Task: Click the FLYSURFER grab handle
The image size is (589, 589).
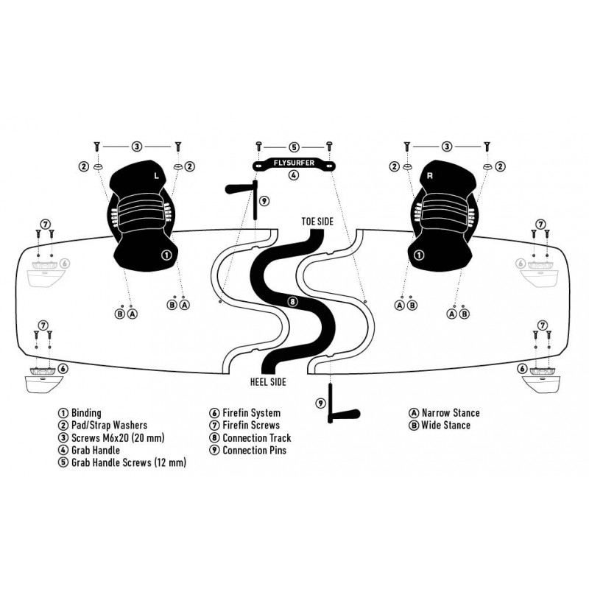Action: (294, 164)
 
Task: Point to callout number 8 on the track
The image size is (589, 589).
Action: (292, 301)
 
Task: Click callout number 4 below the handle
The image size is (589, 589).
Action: (293, 176)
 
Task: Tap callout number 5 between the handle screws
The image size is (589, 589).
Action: (293, 147)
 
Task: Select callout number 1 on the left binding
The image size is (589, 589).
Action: (166, 255)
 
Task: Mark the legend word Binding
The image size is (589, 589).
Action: (86, 413)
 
